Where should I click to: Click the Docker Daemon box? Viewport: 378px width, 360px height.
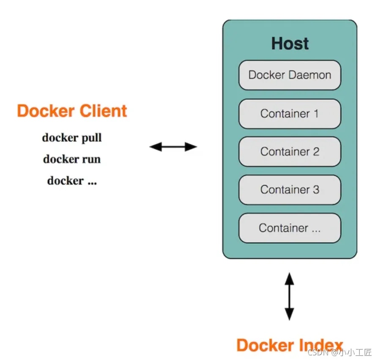[x=290, y=75]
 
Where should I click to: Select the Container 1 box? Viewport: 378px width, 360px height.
[x=290, y=114]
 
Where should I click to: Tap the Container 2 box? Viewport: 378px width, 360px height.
[x=290, y=151]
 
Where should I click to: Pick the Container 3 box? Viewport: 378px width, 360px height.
[x=290, y=190]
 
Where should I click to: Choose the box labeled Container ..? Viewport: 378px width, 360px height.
[x=290, y=228]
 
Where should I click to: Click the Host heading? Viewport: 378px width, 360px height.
[x=290, y=43]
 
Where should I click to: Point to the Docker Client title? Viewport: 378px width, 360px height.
[x=72, y=111]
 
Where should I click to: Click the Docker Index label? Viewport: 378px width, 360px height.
[x=290, y=345]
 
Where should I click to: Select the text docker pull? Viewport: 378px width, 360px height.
[x=72, y=137]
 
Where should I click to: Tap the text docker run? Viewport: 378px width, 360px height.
[x=72, y=159]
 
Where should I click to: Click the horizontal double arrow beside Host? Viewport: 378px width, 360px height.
[x=173, y=147]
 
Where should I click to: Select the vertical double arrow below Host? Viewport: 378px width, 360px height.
[x=289, y=296]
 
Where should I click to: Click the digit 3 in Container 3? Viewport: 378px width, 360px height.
[x=316, y=190]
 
